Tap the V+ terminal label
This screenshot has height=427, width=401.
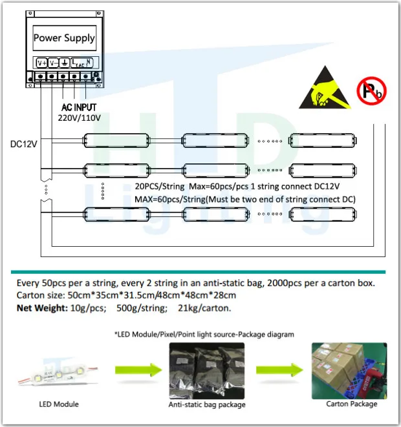tap(41, 63)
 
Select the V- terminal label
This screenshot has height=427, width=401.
tap(54, 63)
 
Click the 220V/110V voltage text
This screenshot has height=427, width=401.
tap(74, 117)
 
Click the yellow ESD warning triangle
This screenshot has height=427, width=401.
tap(323, 89)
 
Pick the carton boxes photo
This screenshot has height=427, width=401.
tap(349, 370)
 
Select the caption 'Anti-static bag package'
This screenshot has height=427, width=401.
tap(207, 405)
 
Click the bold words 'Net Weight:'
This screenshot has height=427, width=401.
tap(41, 307)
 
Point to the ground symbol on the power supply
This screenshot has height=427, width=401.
tap(65, 63)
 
